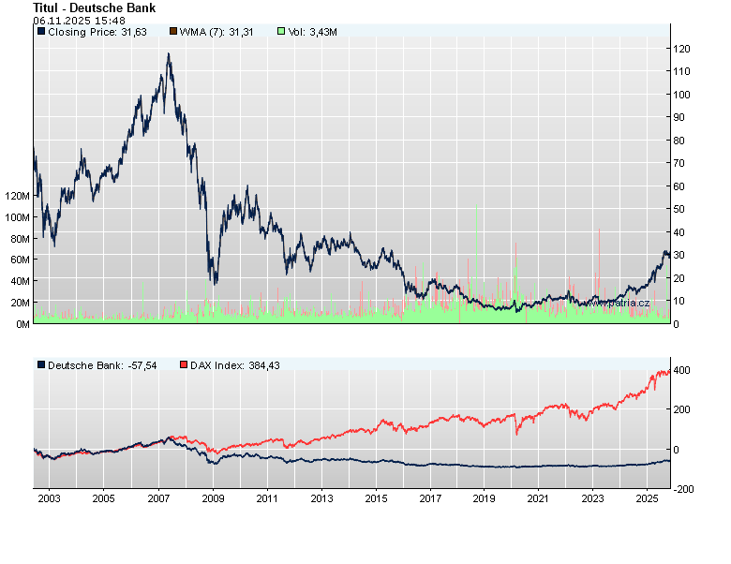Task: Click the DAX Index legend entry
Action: (x=226, y=364)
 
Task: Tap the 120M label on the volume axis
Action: (x=18, y=196)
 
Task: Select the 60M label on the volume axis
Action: (x=20, y=260)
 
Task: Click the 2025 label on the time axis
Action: (x=648, y=498)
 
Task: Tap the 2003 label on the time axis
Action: (x=50, y=498)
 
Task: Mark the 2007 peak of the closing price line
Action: (x=169, y=54)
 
